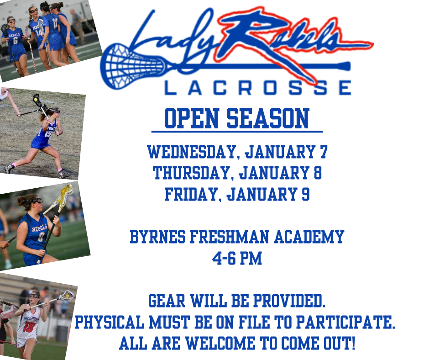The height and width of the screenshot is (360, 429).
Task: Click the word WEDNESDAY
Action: pos(192,152)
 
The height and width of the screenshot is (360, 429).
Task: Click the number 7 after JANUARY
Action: pos(324,152)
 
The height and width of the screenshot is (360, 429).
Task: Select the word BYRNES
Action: pos(157,237)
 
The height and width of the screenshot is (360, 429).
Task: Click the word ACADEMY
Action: pos(309,237)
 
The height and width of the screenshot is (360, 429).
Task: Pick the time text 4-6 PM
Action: pos(237,258)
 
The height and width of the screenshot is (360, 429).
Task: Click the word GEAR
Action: pos(167,301)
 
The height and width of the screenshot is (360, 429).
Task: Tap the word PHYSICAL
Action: pos(110,322)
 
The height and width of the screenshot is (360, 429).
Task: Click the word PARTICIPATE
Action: pos(346,322)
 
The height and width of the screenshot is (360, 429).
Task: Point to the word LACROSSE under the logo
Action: pos(257,88)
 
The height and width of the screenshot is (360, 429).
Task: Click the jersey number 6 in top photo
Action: pos(16,41)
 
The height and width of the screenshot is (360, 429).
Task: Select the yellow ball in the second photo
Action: pos(36,100)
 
